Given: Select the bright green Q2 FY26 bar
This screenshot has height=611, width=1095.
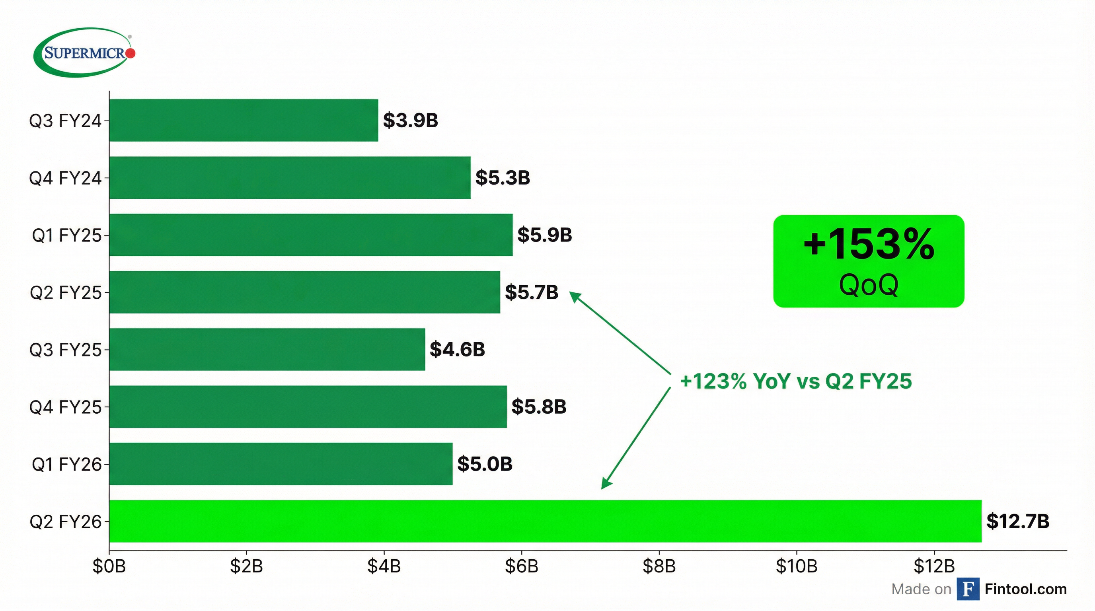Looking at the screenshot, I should click(x=545, y=521).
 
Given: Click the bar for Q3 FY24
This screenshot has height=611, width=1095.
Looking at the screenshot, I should click(x=244, y=120).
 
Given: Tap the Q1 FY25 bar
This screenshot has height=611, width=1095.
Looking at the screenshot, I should click(x=311, y=235).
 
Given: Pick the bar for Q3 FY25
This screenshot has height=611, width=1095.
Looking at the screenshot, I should click(x=267, y=349).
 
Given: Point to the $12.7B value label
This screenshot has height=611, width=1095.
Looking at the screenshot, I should click(x=1018, y=521).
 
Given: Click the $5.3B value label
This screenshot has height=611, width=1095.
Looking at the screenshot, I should click(x=503, y=177).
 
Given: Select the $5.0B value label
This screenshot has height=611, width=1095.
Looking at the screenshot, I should click(x=485, y=463).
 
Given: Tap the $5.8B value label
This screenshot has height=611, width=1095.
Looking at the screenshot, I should click(x=539, y=407).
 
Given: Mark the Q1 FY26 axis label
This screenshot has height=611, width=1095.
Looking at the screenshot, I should click(x=67, y=464).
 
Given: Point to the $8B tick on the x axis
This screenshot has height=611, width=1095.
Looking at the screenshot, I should click(x=659, y=566).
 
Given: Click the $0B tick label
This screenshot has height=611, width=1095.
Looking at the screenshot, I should click(x=109, y=566).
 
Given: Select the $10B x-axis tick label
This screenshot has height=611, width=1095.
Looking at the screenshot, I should click(x=797, y=566).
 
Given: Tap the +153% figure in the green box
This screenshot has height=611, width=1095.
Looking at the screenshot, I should click(x=869, y=244).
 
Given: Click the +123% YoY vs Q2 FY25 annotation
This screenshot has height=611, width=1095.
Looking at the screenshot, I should click(x=796, y=381).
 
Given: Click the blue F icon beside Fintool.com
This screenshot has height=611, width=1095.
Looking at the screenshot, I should click(x=968, y=589).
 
